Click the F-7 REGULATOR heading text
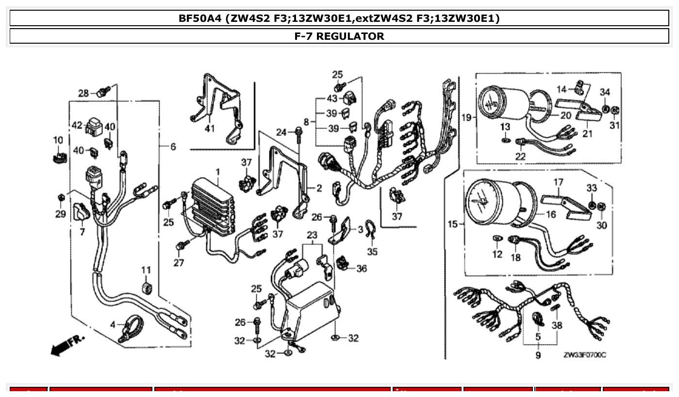[x=339, y=36]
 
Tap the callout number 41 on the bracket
[x=209, y=128]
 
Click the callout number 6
[x=173, y=147]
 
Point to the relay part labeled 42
[x=95, y=127]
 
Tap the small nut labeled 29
[x=61, y=198]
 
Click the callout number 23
[x=312, y=235]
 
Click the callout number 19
[x=466, y=118]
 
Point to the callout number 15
[x=452, y=224]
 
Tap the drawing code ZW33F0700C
[x=584, y=355]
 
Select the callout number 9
[x=538, y=355]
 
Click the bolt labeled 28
[x=103, y=91]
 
